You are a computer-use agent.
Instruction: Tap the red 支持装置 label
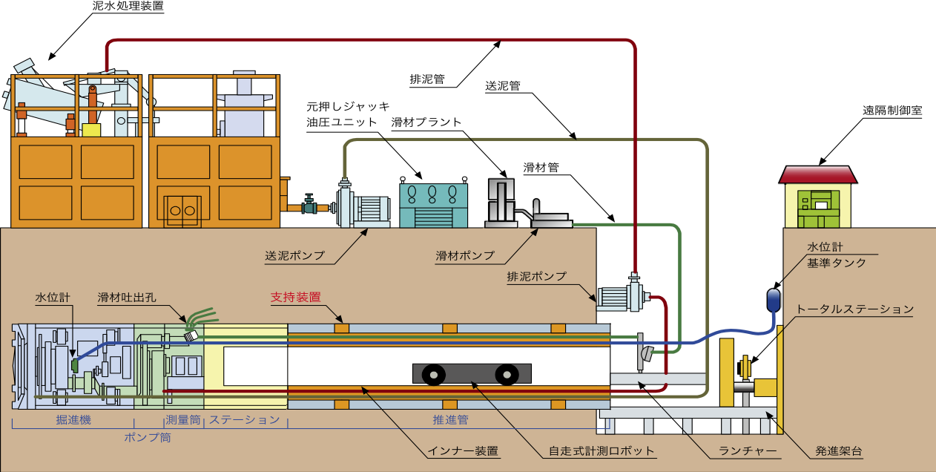[x=295, y=297]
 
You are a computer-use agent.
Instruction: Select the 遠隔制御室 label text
[x=892, y=110]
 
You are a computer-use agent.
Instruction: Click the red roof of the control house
[x=818, y=174]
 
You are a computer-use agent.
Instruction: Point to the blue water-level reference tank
[x=774, y=298]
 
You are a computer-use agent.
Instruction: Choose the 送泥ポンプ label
[x=295, y=255]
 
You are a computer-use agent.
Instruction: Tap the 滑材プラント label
[x=426, y=122]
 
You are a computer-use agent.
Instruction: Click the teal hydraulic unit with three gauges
[x=433, y=204]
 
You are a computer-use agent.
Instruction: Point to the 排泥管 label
[x=427, y=78]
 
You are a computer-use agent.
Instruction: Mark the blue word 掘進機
[x=73, y=420]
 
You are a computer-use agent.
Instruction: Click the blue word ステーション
[x=244, y=420]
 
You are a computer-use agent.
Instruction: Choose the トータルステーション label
[x=854, y=309]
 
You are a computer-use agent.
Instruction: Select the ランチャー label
[x=747, y=450]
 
